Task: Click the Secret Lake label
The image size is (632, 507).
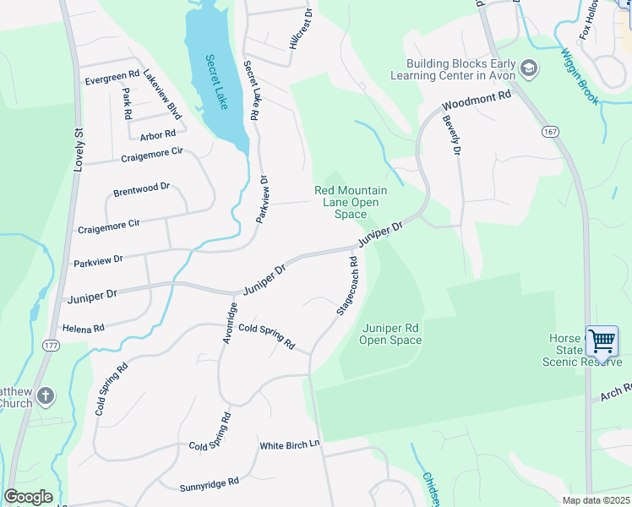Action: click(x=217, y=83)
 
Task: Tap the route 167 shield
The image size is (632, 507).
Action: click(x=550, y=132)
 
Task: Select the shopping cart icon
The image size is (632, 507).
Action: click(x=602, y=341)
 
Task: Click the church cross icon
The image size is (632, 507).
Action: click(x=46, y=395)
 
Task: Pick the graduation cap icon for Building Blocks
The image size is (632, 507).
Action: click(x=529, y=68)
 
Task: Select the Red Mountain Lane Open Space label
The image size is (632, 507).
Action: click(x=351, y=203)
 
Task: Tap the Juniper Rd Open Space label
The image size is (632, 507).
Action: click(x=390, y=334)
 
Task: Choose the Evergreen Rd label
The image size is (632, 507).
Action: click(x=112, y=82)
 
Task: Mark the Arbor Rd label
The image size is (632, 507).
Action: click(x=158, y=134)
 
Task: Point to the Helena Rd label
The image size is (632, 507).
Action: click(x=83, y=327)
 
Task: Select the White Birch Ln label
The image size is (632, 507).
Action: click(x=290, y=445)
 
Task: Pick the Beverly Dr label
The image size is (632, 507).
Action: click(x=450, y=134)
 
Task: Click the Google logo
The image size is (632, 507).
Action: click(x=28, y=497)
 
